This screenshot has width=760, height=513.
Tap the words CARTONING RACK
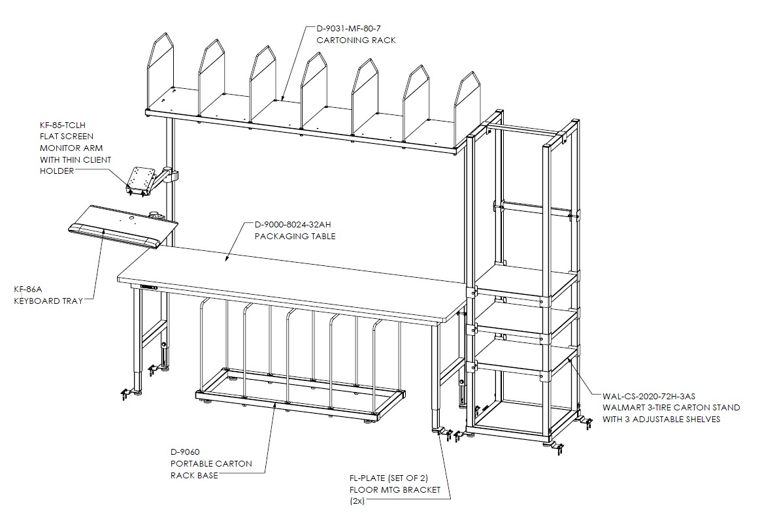356,41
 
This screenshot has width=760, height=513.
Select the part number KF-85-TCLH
63,125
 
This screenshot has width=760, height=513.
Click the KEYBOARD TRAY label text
48,301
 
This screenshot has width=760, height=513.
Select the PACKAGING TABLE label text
295,236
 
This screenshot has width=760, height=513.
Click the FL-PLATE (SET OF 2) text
389,478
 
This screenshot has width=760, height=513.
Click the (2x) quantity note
357,501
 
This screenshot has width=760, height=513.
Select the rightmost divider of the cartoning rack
467,109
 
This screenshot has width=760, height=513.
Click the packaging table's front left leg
137,339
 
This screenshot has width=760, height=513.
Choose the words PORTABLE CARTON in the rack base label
211,463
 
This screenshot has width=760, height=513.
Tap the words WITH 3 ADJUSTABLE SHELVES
661,420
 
